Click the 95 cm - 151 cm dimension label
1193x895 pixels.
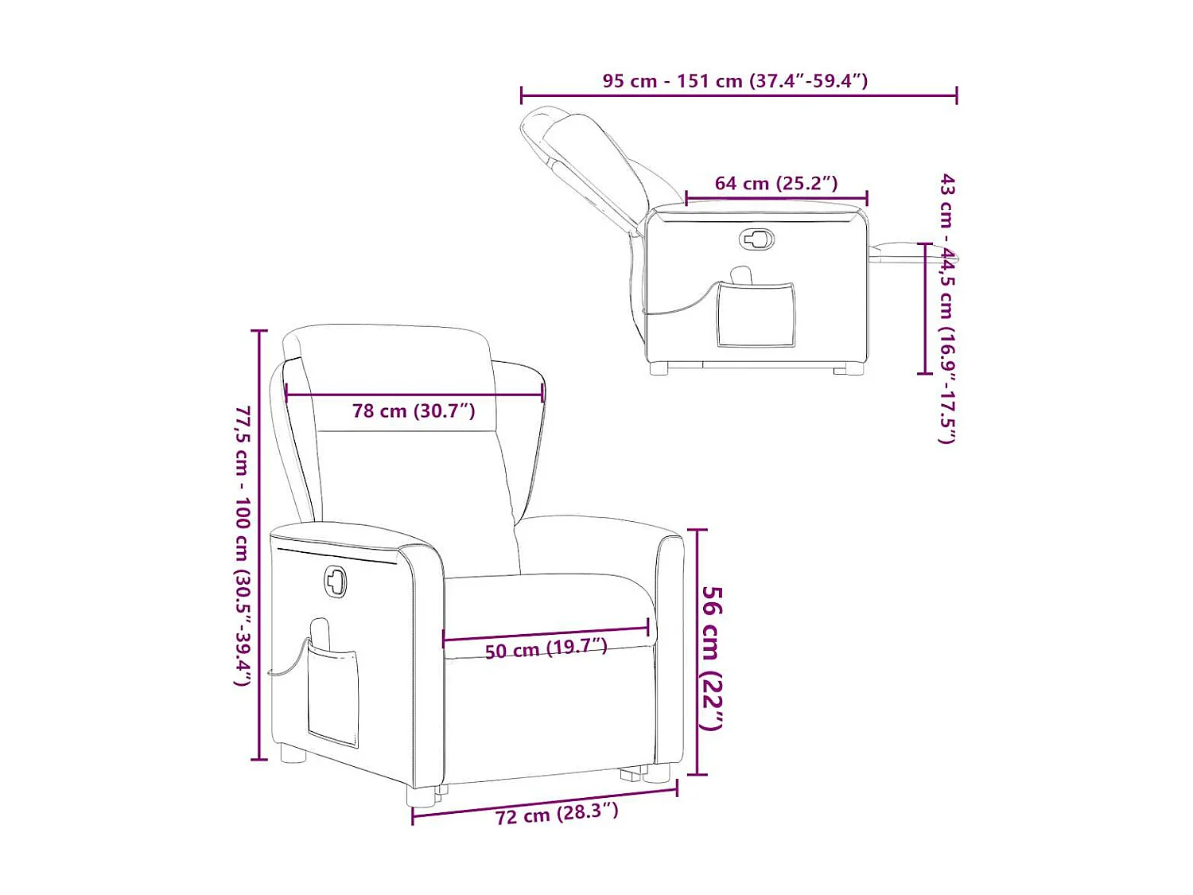pyautogui.click(x=734, y=80)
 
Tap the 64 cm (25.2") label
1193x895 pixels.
pyautogui.click(x=775, y=183)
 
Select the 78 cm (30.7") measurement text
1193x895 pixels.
pyautogui.click(x=414, y=411)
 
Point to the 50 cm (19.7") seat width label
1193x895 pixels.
pyautogui.click(x=546, y=648)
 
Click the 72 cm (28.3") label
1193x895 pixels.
pyautogui.click(x=556, y=813)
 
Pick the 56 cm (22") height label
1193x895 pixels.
pyautogui.click(x=712, y=657)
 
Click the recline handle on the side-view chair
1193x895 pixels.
pyautogui.click(x=757, y=239)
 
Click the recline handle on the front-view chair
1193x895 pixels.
pyautogui.click(x=336, y=582)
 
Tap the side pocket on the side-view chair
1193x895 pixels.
pyautogui.click(x=756, y=314)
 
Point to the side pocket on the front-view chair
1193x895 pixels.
pyautogui.click(x=332, y=696)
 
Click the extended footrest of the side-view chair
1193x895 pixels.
pyautogui.click(x=907, y=253)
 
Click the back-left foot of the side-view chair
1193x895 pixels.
pyautogui.click(x=659, y=368)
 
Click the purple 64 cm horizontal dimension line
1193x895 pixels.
pyautogui.click(x=776, y=198)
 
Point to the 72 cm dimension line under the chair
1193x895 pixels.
pyautogui.click(x=545, y=800)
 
